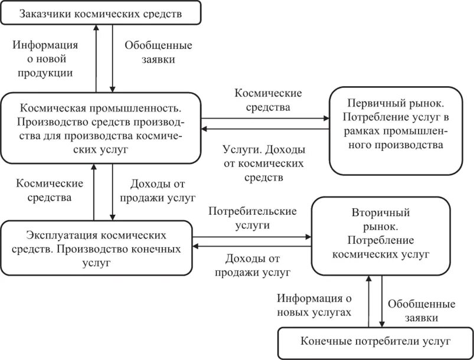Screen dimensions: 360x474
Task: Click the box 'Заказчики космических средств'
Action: (100, 12)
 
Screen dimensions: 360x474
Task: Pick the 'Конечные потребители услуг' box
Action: (375, 341)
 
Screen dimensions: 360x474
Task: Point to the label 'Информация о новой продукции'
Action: (45, 59)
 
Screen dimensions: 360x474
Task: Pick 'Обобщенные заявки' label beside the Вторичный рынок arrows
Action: (421, 310)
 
